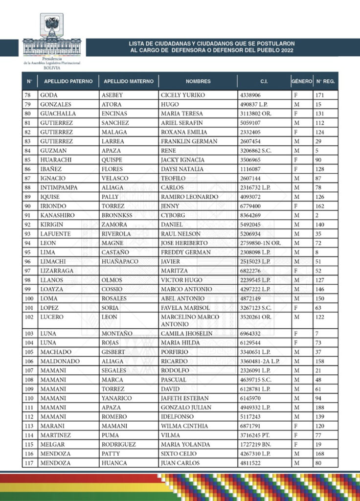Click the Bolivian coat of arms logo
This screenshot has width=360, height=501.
[52, 24]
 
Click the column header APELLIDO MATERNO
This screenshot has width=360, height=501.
[129, 81]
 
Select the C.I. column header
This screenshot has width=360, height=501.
[264, 81]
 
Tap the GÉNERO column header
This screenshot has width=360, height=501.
[301, 81]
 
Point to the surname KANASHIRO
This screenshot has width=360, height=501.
[58, 215]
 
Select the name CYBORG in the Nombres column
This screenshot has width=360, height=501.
[174, 215]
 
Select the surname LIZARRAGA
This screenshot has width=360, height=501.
[58, 271]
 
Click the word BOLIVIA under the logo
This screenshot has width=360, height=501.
[52, 68]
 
